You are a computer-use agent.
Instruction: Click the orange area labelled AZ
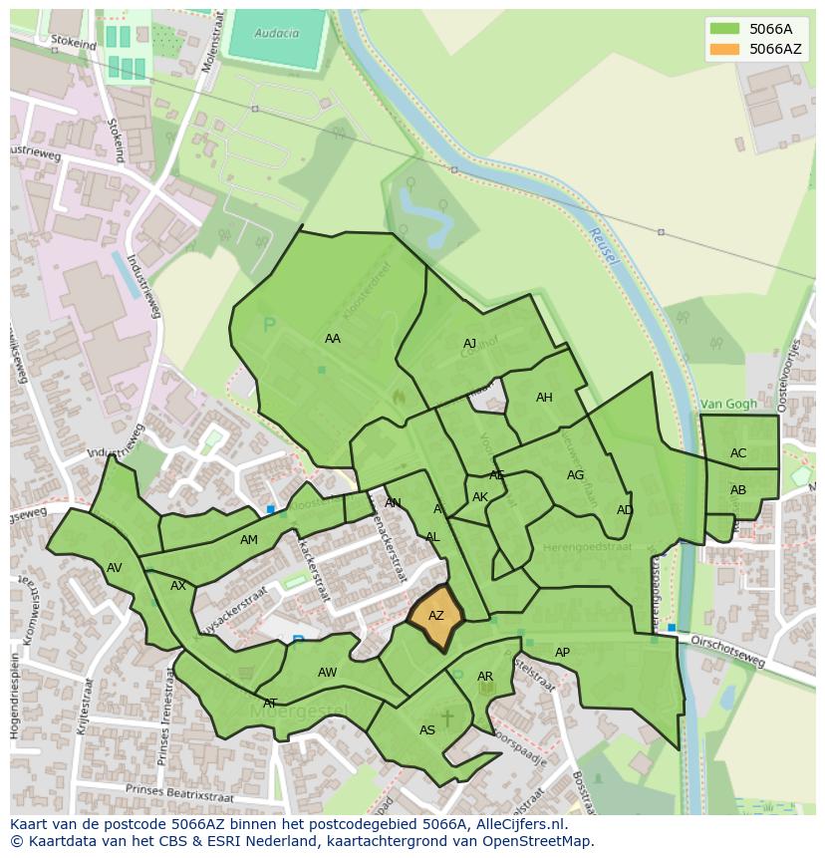tap(435, 617)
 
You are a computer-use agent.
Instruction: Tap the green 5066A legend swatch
tap(724, 29)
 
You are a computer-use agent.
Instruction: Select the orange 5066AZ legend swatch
tap(724, 49)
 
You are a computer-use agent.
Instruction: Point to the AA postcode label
tap(333, 339)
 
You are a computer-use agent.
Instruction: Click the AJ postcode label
tap(470, 344)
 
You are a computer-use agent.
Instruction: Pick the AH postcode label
tap(544, 398)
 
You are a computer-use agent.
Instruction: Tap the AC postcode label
tap(738, 453)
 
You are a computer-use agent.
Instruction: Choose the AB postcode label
tap(738, 490)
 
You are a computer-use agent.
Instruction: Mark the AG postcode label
tap(576, 475)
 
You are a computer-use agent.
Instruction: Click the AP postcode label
tap(563, 653)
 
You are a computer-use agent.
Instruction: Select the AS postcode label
tap(427, 730)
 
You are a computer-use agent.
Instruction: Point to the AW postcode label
tap(328, 673)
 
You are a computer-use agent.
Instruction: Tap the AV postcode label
tap(115, 568)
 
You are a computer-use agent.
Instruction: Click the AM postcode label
tap(249, 540)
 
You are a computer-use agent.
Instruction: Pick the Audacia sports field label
tap(277, 33)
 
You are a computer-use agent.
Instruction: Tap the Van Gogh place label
tap(727, 404)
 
